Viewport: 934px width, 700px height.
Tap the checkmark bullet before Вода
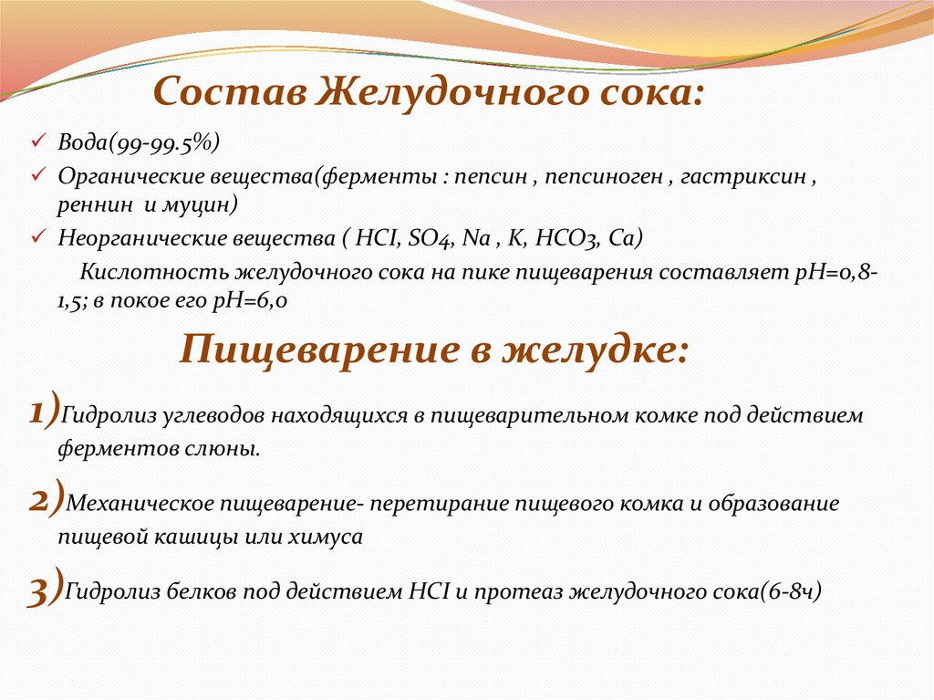[x=37, y=143]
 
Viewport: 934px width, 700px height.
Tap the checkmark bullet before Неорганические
[x=37, y=237]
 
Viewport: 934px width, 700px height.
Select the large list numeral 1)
[x=44, y=412]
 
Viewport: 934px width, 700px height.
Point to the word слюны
[x=233, y=449]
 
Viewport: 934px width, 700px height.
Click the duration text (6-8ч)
[x=792, y=590]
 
